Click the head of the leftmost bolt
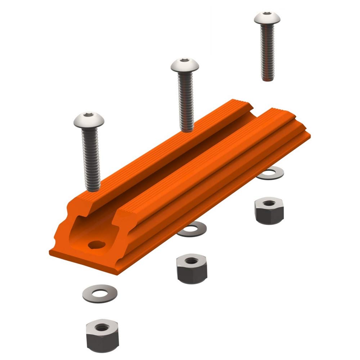(89, 120)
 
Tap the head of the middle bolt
(185, 66)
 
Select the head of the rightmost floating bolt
(266, 18)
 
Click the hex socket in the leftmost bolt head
(89, 116)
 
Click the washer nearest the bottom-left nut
(100, 293)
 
